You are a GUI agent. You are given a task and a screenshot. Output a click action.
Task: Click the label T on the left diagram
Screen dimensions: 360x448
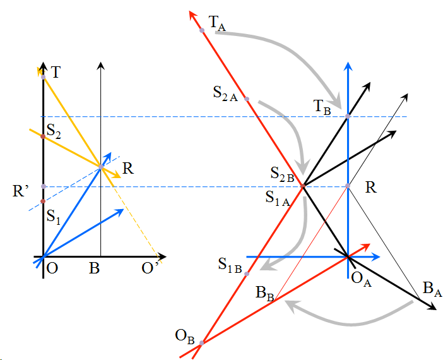pos(56,72)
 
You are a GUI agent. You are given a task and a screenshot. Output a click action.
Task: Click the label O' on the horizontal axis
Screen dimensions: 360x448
pos(150,268)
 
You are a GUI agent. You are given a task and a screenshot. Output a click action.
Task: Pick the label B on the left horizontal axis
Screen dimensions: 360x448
pos(94,268)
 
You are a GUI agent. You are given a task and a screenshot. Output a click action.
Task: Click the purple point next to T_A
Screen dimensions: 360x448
pos(202,30)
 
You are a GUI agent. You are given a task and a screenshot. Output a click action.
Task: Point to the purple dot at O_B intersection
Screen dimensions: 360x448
pos(201,344)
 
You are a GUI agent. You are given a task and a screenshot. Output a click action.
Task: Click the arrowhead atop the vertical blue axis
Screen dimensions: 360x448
pos(348,66)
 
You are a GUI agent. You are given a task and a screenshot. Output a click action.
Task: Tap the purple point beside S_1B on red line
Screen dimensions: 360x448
pos(247,273)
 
